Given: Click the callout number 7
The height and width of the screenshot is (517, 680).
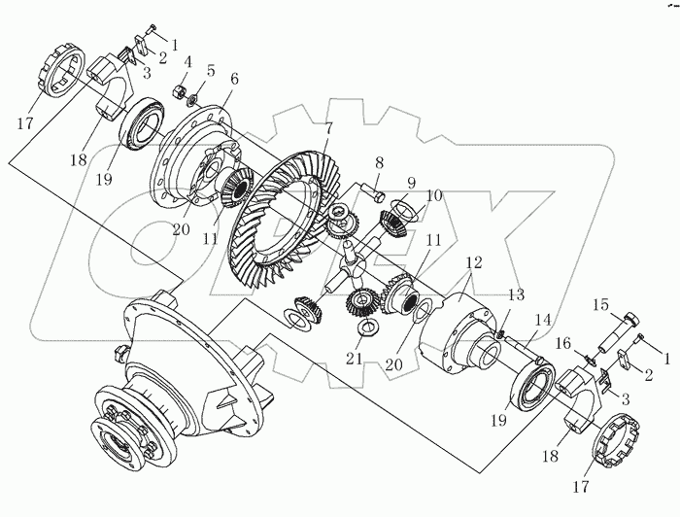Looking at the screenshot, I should click(329, 128).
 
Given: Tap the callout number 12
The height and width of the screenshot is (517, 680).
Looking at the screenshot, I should click(473, 262).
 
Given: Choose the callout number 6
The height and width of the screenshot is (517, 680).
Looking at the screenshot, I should click(233, 78).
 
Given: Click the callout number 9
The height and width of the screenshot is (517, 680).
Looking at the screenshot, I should click(412, 182).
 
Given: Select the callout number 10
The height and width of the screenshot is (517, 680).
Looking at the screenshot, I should click(433, 195).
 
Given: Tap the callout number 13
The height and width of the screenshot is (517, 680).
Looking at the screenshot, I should click(515, 295).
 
